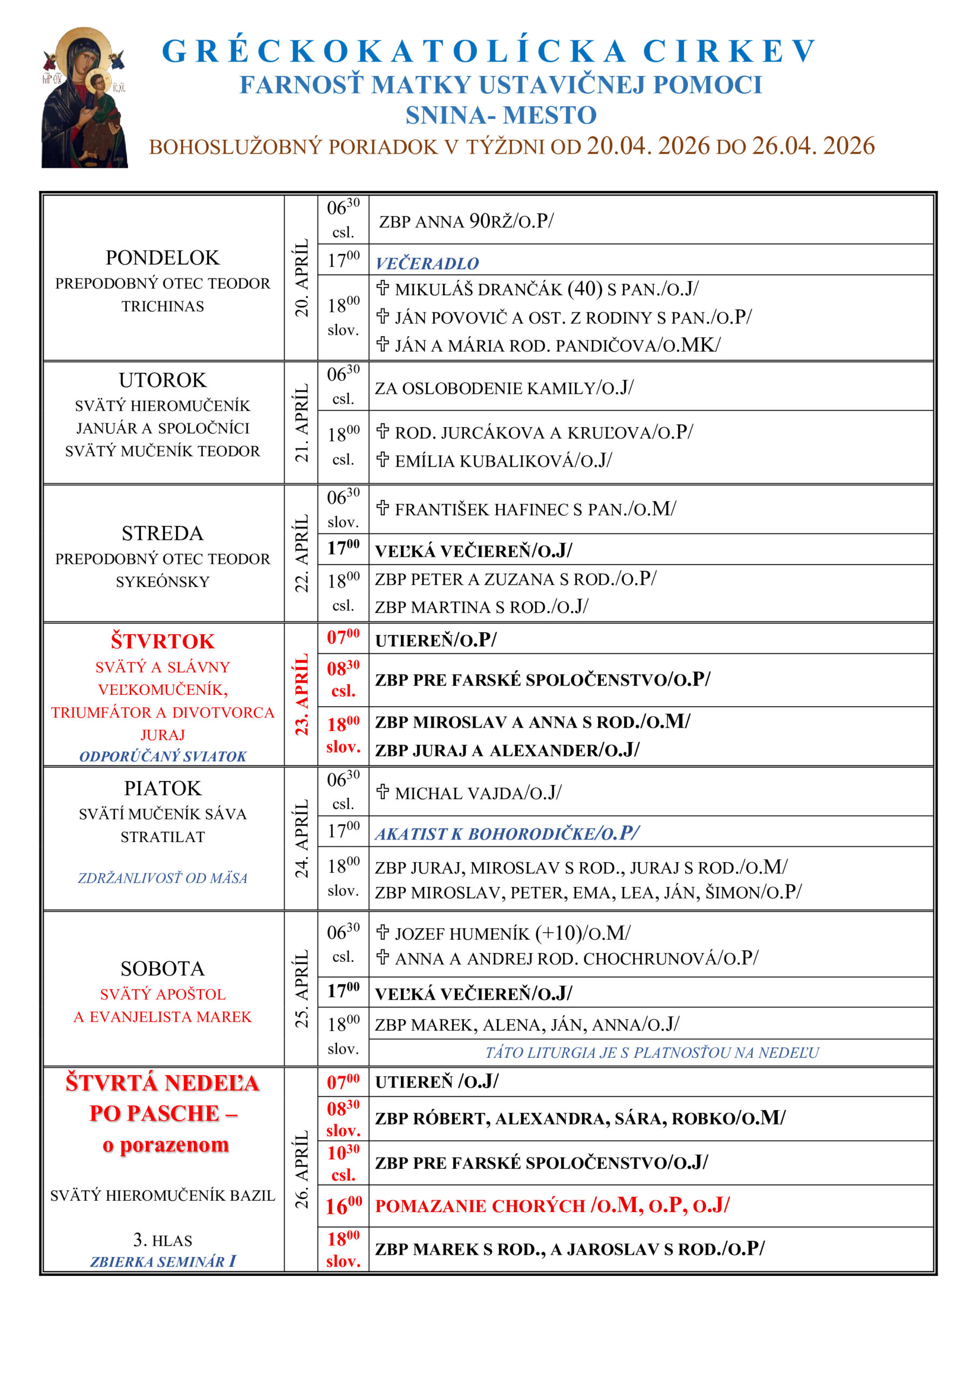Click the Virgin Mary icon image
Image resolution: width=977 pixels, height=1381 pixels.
click(x=84, y=98)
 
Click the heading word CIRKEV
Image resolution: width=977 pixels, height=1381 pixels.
click(x=729, y=52)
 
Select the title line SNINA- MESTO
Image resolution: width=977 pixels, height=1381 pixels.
click(x=501, y=115)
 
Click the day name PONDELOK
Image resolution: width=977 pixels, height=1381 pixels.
click(x=162, y=258)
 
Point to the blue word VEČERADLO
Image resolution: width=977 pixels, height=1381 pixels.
click(x=427, y=263)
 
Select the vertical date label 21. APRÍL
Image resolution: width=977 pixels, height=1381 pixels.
click(x=302, y=423)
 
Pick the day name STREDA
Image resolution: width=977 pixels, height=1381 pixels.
click(x=162, y=534)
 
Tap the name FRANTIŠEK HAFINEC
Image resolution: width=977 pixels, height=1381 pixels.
click(x=482, y=509)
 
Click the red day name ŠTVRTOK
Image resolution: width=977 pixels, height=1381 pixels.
click(x=162, y=642)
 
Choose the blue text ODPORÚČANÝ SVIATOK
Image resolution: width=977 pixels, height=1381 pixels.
click(x=162, y=757)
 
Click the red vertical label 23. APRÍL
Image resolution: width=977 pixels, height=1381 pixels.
click(x=302, y=695)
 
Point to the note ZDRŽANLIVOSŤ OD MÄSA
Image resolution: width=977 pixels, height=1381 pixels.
click(x=162, y=878)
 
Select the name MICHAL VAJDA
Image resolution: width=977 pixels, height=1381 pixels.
click(x=460, y=794)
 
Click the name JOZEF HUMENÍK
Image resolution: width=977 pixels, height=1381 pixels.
click(x=461, y=933)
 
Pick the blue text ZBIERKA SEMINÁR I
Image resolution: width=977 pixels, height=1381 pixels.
click(x=162, y=1261)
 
